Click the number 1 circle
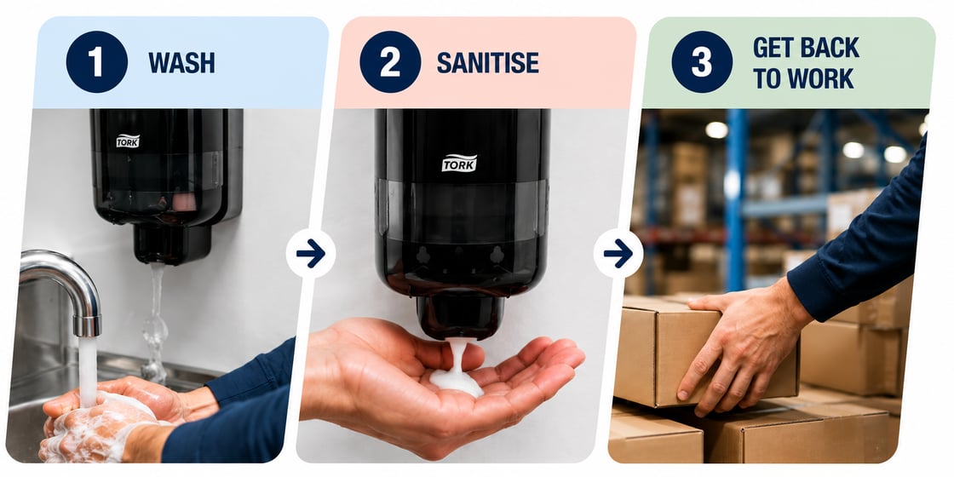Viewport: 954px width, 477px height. tap(97, 62)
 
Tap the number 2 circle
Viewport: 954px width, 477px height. tap(390, 62)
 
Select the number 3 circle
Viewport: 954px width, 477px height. tap(702, 62)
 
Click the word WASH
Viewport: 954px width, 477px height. tap(181, 63)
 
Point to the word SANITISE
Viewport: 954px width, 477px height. tap(487, 63)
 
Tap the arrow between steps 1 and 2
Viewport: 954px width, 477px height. tap(311, 254)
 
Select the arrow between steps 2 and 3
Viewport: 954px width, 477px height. tap(618, 254)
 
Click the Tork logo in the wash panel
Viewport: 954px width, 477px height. tap(128, 141)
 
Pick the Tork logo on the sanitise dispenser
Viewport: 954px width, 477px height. tap(459, 163)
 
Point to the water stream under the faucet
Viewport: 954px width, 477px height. tap(89, 371)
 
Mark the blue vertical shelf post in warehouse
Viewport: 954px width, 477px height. tap(736, 201)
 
